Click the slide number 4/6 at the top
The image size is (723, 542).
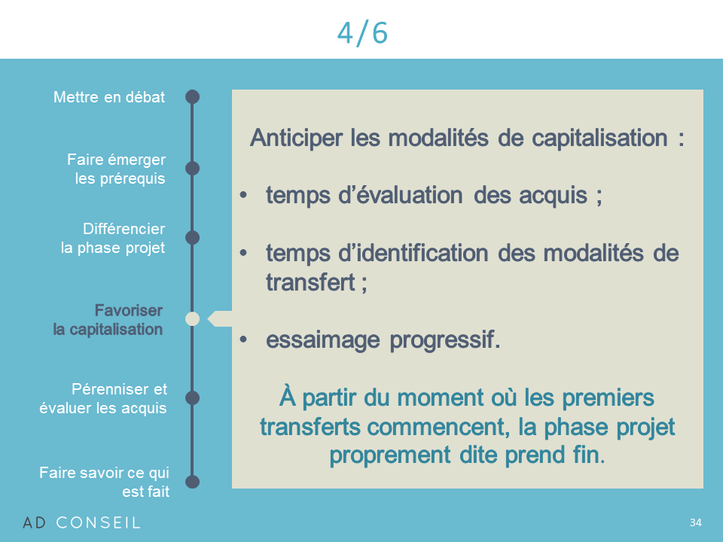[362, 33]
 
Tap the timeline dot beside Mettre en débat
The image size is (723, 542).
[192, 97]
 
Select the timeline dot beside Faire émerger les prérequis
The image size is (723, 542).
[192, 169]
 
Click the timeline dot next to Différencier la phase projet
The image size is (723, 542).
[192, 238]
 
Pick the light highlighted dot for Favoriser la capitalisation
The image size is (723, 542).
[192, 319]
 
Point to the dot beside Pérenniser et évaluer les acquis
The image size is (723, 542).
[192, 397]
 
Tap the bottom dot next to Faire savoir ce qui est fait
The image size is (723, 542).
[192, 482]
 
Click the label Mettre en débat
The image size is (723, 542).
[109, 97]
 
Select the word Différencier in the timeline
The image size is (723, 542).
[124, 229]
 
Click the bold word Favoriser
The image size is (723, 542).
[129, 311]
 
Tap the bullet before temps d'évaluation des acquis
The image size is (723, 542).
[243, 195]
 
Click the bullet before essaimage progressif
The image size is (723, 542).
[243, 340]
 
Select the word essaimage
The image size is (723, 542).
[323, 340]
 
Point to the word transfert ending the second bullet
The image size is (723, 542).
[310, 282]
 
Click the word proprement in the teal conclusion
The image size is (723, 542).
[389, 456]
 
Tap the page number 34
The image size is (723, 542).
[695, 522]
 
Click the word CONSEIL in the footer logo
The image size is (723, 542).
[98, 522]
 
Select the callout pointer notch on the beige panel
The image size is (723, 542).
[219, 319]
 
